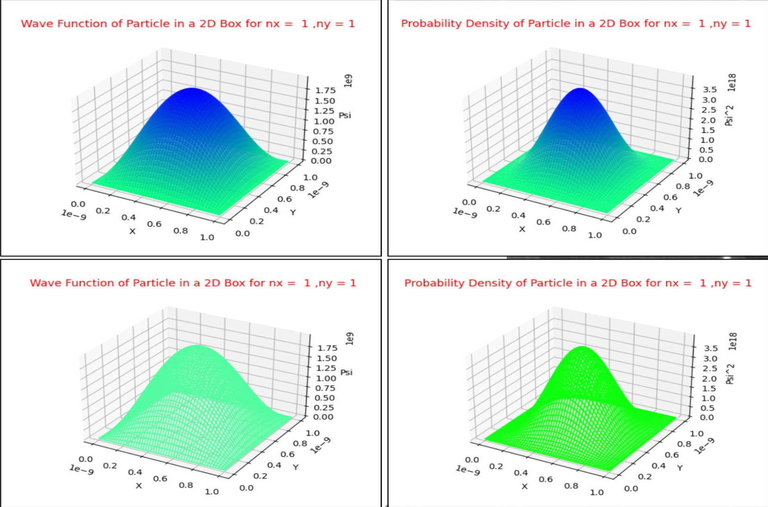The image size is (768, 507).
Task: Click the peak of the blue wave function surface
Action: click(192, 89)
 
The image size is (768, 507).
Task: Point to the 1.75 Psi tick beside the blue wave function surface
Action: click(325, 90)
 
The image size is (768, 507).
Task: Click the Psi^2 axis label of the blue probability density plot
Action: click(730, 116)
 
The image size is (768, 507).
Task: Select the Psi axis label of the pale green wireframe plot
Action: click(347, 372)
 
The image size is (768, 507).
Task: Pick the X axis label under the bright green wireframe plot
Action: click(524, 486)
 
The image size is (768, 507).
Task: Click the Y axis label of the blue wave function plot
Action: click(293, 212)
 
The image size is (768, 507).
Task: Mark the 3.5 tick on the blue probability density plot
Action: click(710, 89)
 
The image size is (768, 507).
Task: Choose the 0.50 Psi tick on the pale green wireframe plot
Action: click(325, 398)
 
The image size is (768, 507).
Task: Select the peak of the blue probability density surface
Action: click(580, 89)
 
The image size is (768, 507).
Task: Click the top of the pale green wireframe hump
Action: click(198, 346)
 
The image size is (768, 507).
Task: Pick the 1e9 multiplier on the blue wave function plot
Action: click(349, 80)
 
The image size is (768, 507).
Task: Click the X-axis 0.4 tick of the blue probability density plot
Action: click(518, 215)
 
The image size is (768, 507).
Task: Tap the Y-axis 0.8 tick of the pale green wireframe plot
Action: click(300, 443)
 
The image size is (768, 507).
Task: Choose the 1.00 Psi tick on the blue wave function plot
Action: click(324, 121)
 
